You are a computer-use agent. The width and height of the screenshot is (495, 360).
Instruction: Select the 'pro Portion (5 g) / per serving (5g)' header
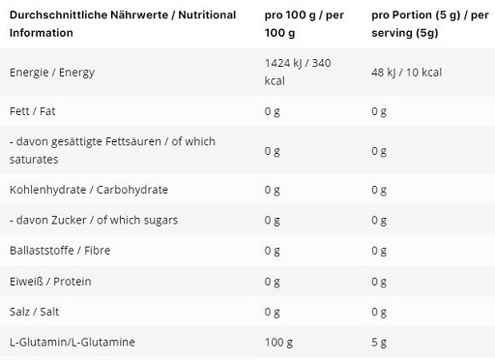click(422, 24)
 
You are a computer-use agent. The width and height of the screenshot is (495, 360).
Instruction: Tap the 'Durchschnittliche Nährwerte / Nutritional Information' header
click(122, 24)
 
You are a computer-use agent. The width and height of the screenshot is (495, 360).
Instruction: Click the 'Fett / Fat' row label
click(31, 110)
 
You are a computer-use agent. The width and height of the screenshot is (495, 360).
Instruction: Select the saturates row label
click(110, 150)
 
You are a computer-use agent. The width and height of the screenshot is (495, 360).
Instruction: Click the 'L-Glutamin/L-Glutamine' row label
click(70, 344)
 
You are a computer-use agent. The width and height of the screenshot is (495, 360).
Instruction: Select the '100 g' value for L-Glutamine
click(278, 344)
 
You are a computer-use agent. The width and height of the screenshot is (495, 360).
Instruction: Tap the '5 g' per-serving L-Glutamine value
click(379, 344)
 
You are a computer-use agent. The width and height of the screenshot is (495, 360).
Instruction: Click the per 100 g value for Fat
click(273, 110)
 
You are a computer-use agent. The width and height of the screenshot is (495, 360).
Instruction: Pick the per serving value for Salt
click(379, 313)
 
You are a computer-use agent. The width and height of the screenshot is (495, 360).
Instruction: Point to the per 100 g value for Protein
click(273, 282)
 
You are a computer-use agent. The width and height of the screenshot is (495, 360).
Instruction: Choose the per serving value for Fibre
click(379, 252)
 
